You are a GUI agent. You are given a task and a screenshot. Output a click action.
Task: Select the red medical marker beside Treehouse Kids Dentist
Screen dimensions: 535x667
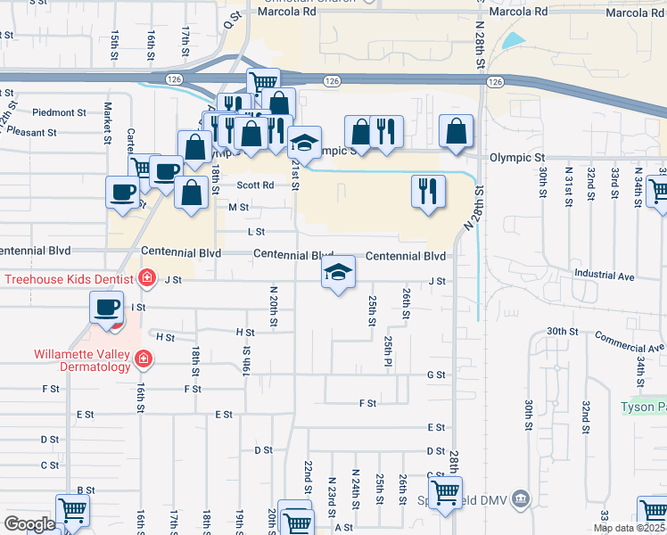(146, 279)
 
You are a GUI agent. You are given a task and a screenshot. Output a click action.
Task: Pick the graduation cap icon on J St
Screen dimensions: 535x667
(339, 273)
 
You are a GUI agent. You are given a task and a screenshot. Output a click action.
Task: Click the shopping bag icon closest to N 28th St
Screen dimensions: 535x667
(457, 131)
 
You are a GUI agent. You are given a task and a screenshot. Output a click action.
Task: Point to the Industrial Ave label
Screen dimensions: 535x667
(604, 276)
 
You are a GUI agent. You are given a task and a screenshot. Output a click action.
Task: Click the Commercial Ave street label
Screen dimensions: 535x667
(629, 342)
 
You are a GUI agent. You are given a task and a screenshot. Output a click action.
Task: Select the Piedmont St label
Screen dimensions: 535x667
(59, 113)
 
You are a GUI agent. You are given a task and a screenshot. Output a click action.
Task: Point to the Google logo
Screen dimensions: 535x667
(29, 523)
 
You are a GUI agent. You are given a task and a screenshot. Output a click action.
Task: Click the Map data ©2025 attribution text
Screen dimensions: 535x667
(630, 528)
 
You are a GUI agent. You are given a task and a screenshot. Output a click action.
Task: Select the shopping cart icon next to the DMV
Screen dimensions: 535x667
(445, 491)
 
